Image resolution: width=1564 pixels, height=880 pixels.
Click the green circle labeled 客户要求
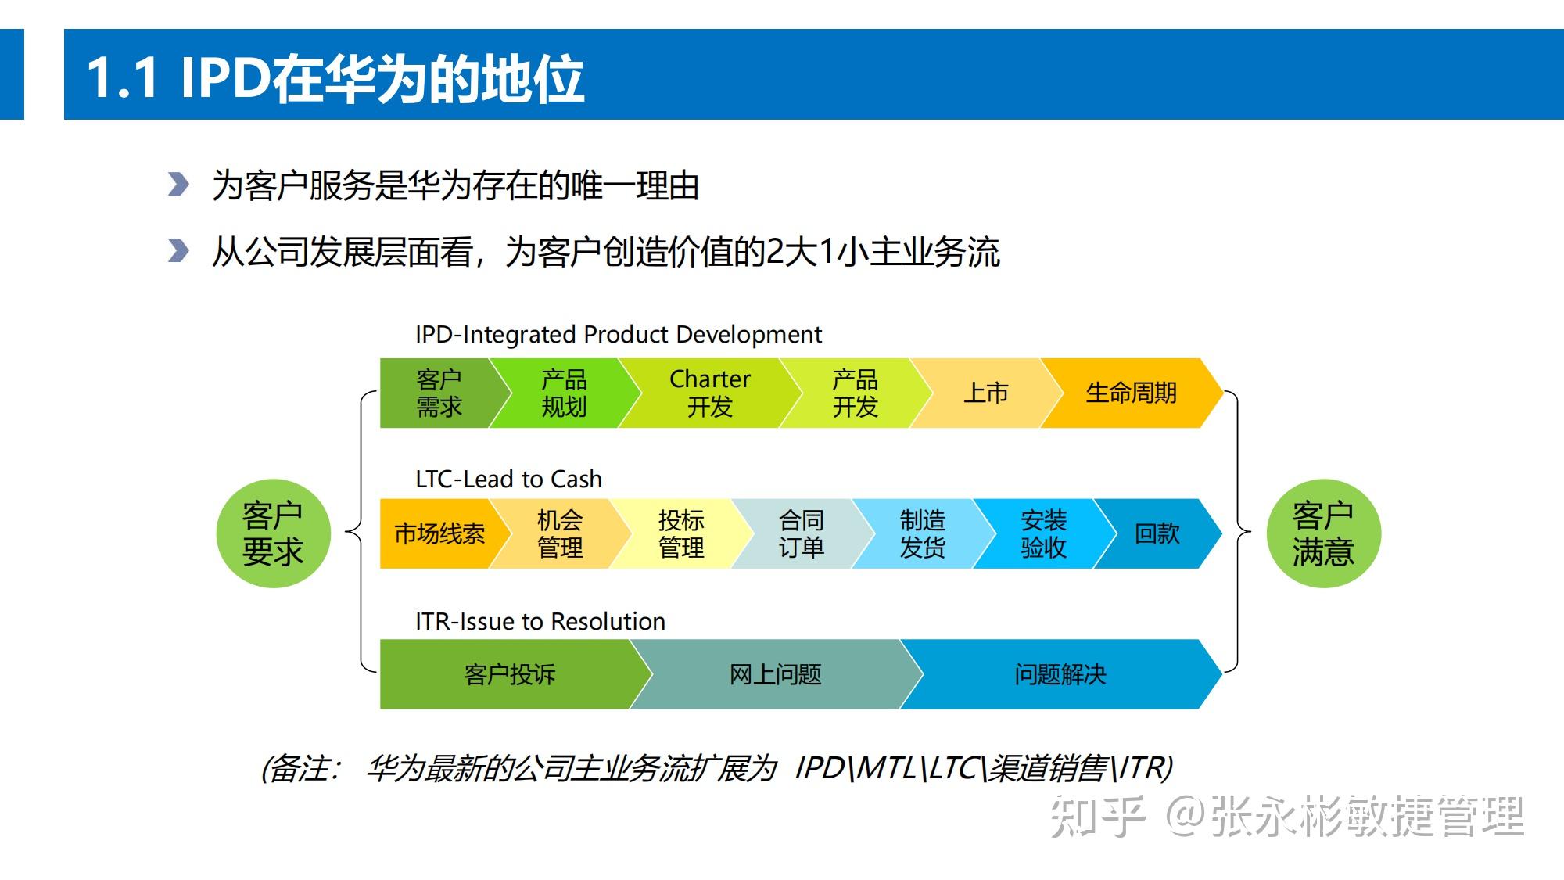coord(273,533)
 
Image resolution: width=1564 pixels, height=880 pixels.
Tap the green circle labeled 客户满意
coord(1323,533)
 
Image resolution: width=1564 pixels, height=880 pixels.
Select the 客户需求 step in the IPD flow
coord(438,393)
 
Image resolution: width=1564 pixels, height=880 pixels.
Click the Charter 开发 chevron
coord(709,393)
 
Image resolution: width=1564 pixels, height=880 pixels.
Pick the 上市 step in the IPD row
coord(986,393)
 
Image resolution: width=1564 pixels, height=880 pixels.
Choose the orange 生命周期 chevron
coord(1131,393)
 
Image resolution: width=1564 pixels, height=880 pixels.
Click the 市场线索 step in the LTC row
coord(439,533)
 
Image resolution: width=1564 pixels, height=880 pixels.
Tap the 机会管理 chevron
coord(560,533)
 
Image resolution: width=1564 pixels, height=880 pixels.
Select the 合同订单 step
coord(802,533)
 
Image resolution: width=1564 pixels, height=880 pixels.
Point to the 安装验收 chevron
coord(1043,533)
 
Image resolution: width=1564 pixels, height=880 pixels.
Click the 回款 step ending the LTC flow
coord(1157,533)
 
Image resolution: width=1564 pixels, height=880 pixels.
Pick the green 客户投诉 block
coord(509,674)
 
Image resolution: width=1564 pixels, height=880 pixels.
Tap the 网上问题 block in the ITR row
coord(775,674)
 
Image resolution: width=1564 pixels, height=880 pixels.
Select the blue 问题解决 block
coord(1060,674)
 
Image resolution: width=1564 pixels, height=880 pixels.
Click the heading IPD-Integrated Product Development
coord(618,335)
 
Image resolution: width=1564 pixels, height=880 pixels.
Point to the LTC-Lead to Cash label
coord(508,479)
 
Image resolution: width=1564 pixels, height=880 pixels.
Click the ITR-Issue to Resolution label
coord(540,621)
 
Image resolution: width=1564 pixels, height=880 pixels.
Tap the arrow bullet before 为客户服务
coord(178,185)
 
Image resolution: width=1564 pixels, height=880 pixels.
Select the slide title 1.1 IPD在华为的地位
coord(335,78)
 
